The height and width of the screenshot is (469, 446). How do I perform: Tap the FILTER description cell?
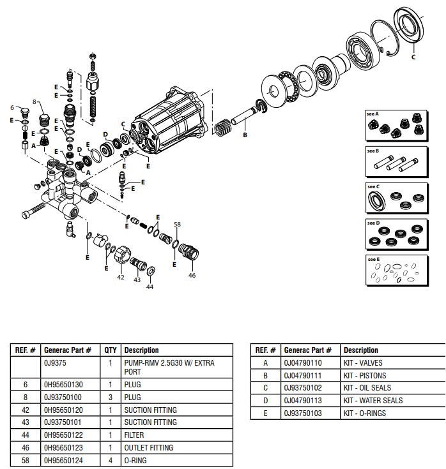(x=134, y=435)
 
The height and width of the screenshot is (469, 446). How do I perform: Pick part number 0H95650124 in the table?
(x=63, y=460)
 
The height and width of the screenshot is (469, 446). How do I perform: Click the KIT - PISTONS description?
(x=365, y=375)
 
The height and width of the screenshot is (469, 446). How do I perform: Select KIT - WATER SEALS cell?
(x=373, y=400)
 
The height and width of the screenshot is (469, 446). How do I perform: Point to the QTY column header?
(x=110, y=350)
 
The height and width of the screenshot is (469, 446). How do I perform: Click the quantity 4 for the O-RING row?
(x=110, y=460)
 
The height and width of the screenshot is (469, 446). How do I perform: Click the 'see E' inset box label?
(x=373, y=259)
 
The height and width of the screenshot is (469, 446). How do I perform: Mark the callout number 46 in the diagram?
(x=192, y=275)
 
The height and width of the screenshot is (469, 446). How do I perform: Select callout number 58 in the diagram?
(x=178, y=224)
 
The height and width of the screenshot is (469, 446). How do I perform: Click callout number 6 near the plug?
(x=12, y=107)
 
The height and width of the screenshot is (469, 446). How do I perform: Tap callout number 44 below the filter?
(x=150, y=287)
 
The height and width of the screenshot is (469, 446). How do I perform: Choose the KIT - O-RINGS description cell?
(x=365, y=413)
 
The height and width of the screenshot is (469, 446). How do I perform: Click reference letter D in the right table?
(x=265, y=400)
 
